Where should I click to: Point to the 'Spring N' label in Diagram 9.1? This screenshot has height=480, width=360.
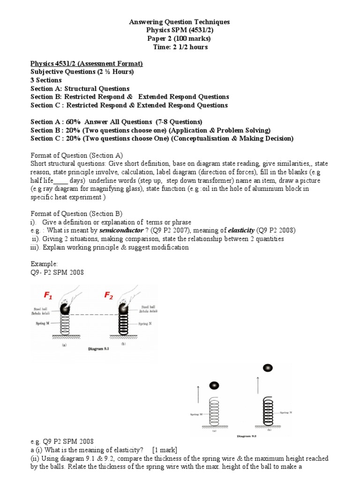(x=146, y=324)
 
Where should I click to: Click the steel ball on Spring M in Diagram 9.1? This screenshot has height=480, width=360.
(x=65, y=311)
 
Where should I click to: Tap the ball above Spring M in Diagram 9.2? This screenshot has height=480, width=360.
(x=214, y=385)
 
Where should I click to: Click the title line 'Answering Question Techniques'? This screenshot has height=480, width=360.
(x=180, y=22)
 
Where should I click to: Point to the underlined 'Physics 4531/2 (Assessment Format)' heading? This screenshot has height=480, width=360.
(x=87, y=63)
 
